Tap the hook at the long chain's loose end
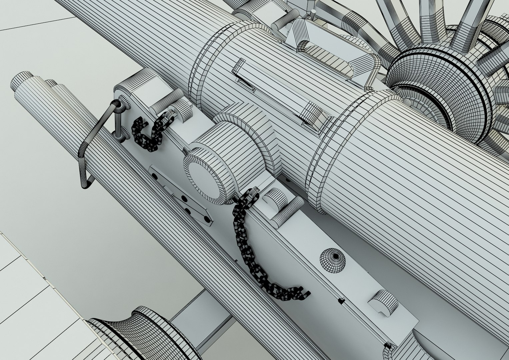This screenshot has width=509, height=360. pyautogui.click(x=302, y=293)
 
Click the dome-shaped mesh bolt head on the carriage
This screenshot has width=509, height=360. pyautogui.click(x=333, y=260)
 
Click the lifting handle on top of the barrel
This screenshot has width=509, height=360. pyautogui.click(x=337, y=58)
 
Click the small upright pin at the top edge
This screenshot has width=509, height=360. pyautogui.click(x=313, y=13)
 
